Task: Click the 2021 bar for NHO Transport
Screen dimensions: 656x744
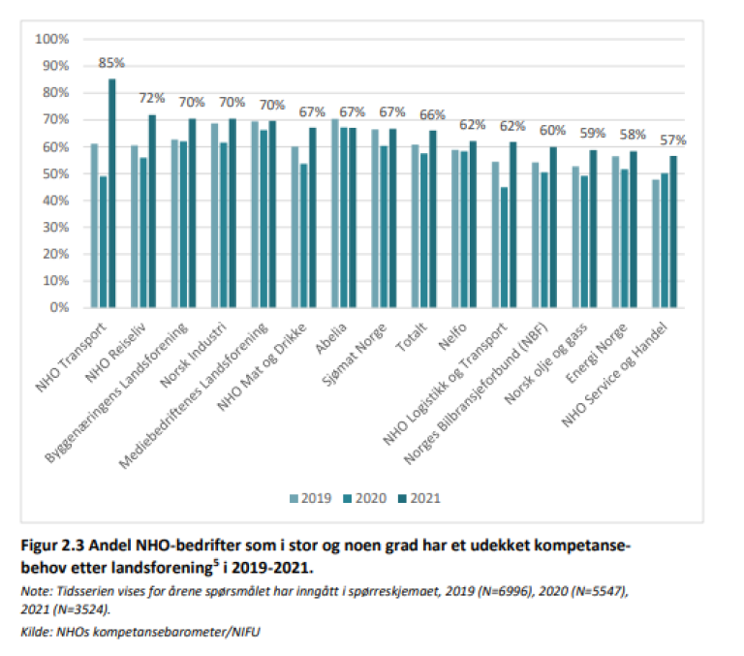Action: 112,194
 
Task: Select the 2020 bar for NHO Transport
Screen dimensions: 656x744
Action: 103,241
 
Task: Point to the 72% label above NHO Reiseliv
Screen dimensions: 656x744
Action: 152,99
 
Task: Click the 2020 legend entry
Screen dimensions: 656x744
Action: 364,498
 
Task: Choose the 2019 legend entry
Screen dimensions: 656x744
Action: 310,498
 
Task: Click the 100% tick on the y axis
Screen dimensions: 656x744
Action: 51,40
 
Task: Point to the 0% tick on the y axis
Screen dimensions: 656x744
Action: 57,308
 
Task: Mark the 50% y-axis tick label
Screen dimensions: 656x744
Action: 54,173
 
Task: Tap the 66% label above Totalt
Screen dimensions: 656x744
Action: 432,115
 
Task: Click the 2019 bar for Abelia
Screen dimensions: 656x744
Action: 335,213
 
